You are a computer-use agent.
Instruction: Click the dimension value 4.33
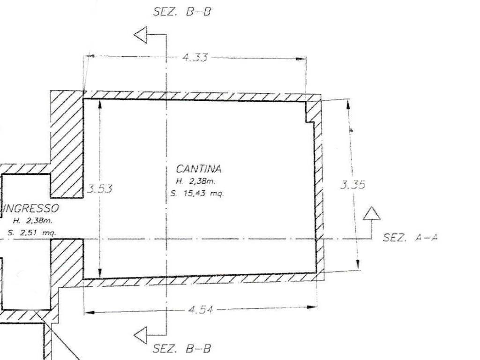pos(195,57)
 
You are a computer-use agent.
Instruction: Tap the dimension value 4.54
pos(201,310)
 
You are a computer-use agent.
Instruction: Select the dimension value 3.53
pos(99,188)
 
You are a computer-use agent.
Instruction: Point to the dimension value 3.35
pos(352,185)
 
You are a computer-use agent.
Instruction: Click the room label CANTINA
pos(199,169)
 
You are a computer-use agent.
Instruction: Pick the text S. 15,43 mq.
pos(197,194)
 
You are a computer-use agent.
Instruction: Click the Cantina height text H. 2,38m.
pos(196,181)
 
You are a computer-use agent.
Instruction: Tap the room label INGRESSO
pos(30,209)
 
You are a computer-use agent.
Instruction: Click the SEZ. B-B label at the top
pos(182,12)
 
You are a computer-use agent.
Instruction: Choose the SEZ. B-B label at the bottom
pos(182,349)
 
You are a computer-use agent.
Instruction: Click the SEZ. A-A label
pos(411,237)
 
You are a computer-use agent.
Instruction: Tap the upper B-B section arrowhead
pos(141,35)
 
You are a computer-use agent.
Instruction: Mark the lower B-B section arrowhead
pos(141,335)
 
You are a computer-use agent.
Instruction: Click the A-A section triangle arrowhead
pos(372,214)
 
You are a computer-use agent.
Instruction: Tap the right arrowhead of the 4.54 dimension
pos(312,307)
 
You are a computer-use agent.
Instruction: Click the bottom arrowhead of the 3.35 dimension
pos(358,264)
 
